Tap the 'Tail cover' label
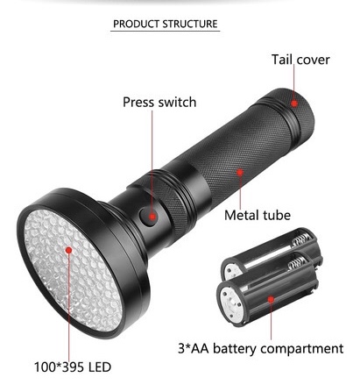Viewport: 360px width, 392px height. [x=300, y=60]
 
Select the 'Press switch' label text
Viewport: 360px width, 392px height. [x=159, y=102]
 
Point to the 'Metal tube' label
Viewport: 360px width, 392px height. [x=258, y=215]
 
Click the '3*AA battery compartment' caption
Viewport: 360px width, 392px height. [x=260, y=348]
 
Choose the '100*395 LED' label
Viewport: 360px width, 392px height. [x=73, y=367]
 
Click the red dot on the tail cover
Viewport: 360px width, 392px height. [x=294, y=103]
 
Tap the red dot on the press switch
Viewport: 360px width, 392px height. [x=152, y=217]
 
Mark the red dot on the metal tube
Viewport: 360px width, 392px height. [x=240, y=172]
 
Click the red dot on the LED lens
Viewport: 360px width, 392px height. [x=68, y=250]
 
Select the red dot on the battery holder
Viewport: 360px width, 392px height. [x=271, y=299]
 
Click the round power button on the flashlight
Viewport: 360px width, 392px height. [x=148, y=217]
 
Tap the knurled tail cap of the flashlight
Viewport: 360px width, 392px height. [x=292, y=116]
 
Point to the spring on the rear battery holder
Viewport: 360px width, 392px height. [x=301, y=239]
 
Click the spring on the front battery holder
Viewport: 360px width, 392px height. [x=297, y=262]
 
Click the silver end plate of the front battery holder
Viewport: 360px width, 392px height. [x=230, y=304]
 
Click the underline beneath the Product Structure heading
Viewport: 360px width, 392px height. [x=165, y=31]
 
